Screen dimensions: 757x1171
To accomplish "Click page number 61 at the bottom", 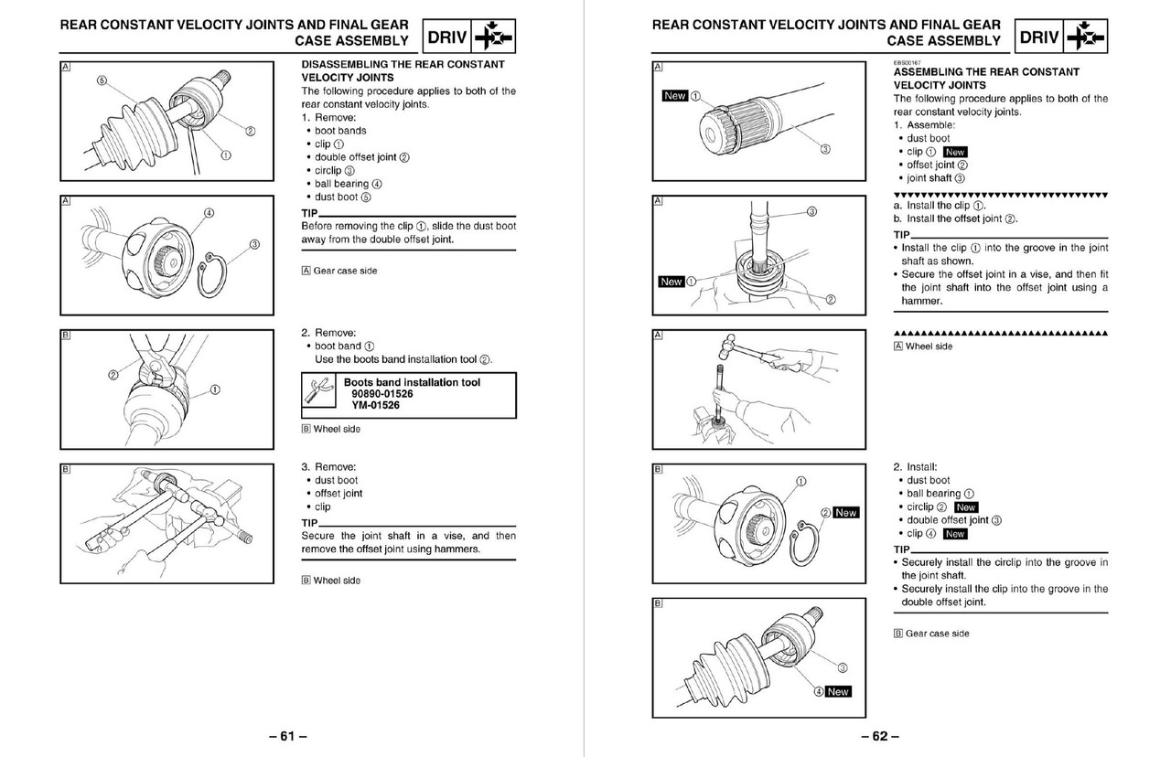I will coord(287,736).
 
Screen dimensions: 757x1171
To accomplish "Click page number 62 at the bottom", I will coord(879,736).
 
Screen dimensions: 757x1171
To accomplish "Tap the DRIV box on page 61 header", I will coord(448,38).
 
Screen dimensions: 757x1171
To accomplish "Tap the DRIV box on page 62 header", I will coord(1039,37).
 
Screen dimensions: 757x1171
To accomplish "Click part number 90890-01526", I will coord(376,394).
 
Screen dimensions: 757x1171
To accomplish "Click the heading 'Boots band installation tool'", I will coord(412,382).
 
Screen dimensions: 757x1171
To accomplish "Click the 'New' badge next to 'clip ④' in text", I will coord(954,534).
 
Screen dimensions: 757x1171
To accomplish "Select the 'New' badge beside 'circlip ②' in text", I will coord(965,507).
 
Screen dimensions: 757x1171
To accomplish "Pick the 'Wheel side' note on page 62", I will coord(929,347).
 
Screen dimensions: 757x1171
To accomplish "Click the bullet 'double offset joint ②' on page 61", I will coord(361,157).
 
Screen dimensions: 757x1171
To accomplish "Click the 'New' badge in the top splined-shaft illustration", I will coord(674,96).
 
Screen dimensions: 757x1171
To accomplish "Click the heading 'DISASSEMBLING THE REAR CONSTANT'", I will coord(403,65).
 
